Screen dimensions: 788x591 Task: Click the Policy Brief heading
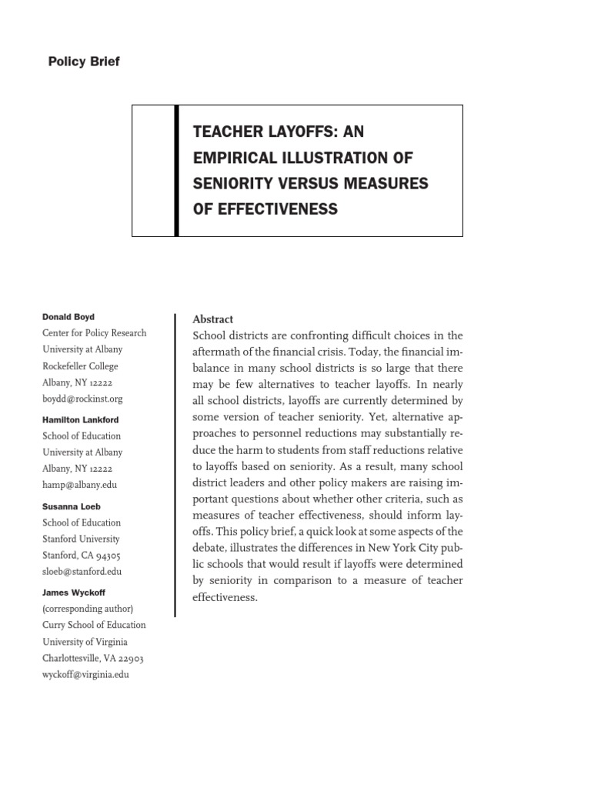click(84, 62)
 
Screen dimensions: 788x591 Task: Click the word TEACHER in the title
click(229, 132)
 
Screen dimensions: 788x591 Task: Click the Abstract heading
click(212, 319)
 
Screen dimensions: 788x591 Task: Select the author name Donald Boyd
click(68, 317)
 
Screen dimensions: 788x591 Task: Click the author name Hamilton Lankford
click(80, 420)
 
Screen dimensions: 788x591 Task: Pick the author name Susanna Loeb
click(71, 507)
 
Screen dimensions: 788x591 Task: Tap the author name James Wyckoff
click(73, 593)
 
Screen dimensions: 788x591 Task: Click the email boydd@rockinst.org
click(82, 399)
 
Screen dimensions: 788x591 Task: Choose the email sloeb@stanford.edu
click(82, 572)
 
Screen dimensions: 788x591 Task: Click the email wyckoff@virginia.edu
click(85, 675)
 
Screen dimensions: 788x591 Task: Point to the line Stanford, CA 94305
click(81, 556)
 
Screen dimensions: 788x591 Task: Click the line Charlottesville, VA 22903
click(92, 659)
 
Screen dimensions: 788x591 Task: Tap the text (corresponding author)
click(88, 609)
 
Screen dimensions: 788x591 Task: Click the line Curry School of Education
click(94, 626)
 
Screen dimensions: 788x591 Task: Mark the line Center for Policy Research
click(94, 333)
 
